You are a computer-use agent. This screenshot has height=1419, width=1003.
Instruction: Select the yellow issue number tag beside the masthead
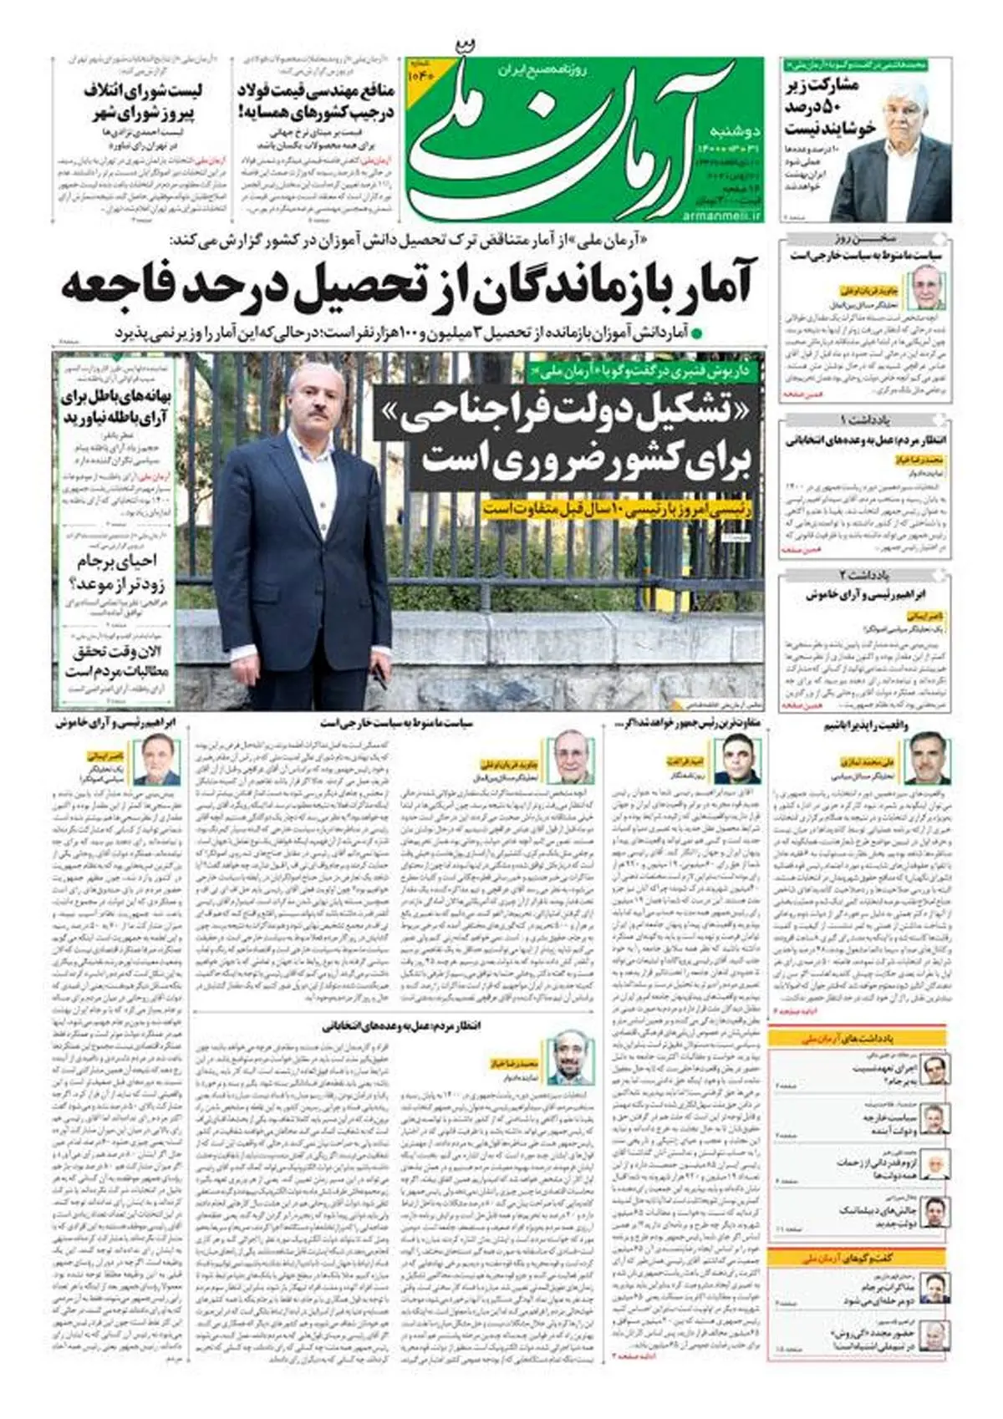coord(420,72)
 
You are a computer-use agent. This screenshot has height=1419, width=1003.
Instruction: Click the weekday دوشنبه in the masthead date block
coord(735,131)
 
